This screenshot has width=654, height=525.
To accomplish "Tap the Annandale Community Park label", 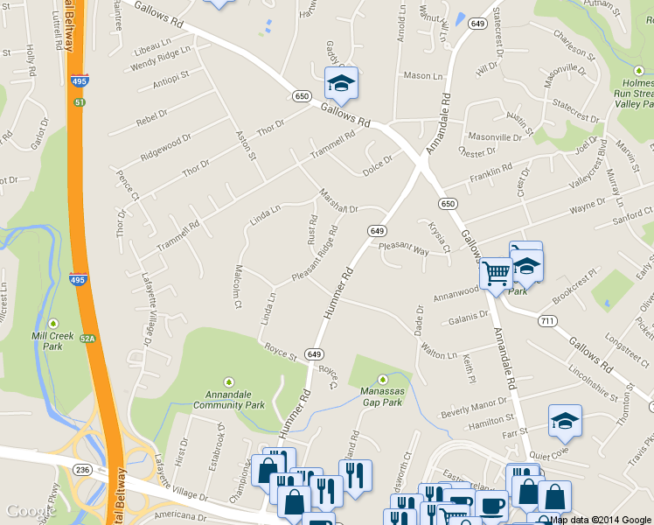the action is point(228,399).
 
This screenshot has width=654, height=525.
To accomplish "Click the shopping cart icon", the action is point(496,275).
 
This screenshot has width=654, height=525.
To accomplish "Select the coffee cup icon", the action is point(491,505).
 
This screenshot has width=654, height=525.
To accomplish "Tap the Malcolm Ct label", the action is point(237,288).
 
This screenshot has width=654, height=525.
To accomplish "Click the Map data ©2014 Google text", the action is point(601,519).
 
